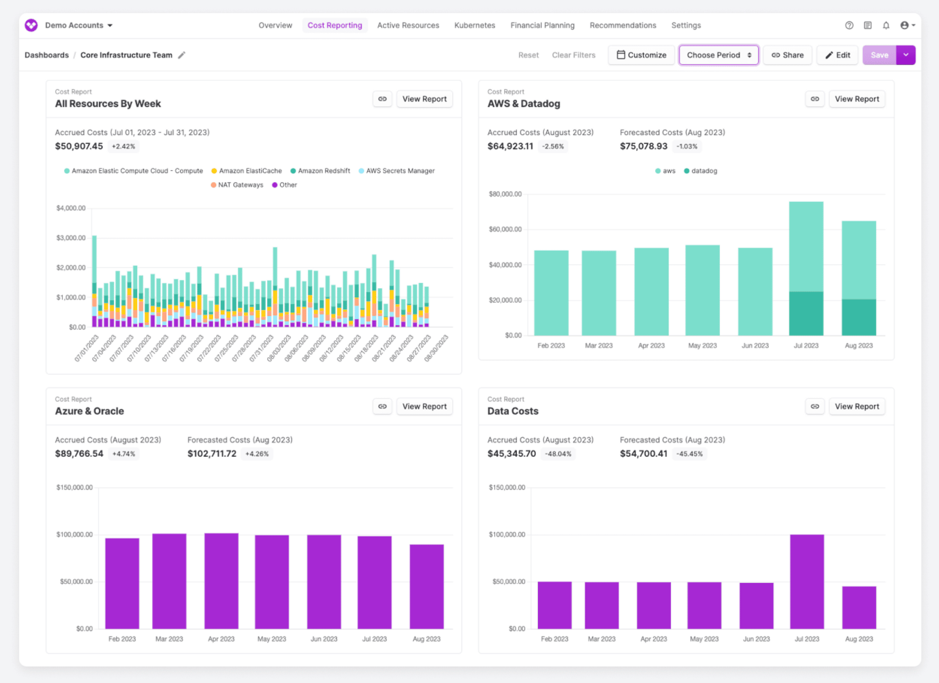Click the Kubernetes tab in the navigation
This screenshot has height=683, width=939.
[474, 25]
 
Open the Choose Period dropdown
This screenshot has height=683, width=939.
[718, 55]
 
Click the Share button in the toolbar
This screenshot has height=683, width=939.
[787, 55]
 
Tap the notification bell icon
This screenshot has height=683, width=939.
[886, 25]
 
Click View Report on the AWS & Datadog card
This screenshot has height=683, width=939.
[856, 99]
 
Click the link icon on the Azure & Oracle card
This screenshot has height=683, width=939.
[382, 406]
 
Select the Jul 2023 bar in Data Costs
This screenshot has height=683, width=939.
[807, 581]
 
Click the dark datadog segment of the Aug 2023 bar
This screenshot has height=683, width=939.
[859, 317]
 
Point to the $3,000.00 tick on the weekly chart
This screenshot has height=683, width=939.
[71, 238]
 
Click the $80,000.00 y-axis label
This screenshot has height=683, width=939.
[505, 194]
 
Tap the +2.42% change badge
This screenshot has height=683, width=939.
[123, 147]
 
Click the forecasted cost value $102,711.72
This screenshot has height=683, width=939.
[212, 454]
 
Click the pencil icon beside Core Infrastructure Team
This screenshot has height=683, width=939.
[181, 55]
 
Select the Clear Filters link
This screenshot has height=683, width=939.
[573, 55]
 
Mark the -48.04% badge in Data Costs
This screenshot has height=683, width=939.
[558, 454]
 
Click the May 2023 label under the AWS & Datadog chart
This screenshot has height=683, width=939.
[702, 346]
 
